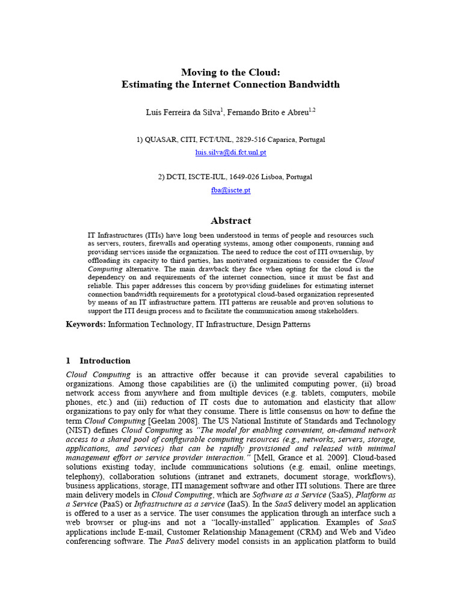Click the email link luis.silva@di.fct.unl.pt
click(x=230, y=153)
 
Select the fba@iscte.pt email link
click(x=230, y=190)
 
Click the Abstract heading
click(x=230, y=221)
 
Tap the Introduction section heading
click(x=105, y=361)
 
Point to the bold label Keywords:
click(x=85, y=325)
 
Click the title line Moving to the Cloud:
click(x=230, y=72)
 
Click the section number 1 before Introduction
click(x=68, y=361)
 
